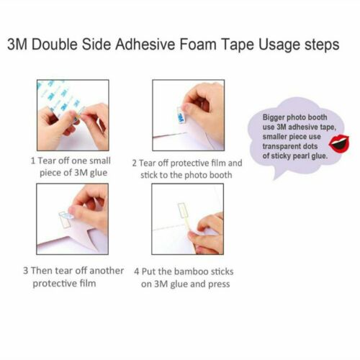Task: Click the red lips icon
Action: pyautogui.click(x=339, y=143)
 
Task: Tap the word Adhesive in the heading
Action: pyautogui.click(x=145, y=45)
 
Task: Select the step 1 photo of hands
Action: pyautogui.click(x=73, y=115)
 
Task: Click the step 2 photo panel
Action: pyautogui.click(x=189, y=115)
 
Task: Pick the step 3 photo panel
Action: pyautogui.click(x=72, y=219)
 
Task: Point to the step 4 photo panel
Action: pyautogui.click(x=188, y=219)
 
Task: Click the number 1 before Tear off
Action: pyautogui.click(x=33, y=161)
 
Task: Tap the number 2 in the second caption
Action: pyautogui.click(x=135, y=163)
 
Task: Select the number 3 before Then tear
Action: pyautogui.click(x=26, y=271)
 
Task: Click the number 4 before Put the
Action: pyautogui.click(x=137, y=271)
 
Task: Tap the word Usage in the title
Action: pyautogui.click(x=279, y=45)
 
